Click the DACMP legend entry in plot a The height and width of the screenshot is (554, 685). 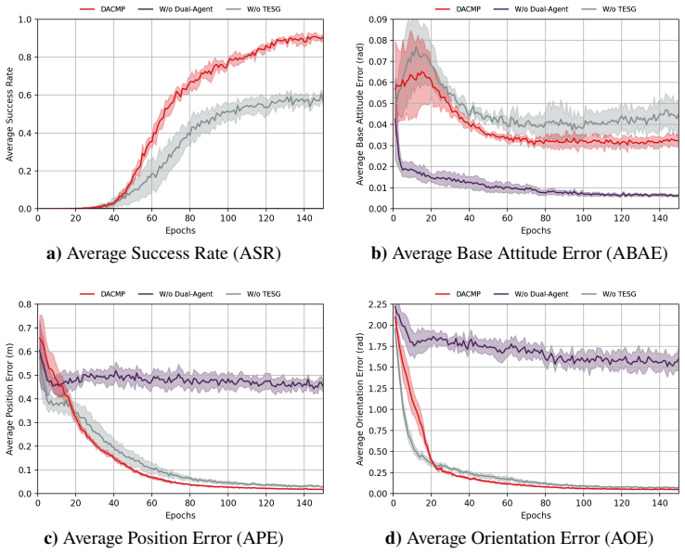103,8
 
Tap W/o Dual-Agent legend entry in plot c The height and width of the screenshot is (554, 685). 175,294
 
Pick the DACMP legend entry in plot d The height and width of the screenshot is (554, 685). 458,294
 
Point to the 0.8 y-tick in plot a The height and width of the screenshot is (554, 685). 26,58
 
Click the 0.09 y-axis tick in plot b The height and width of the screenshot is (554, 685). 379,19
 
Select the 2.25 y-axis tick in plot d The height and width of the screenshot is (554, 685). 379,304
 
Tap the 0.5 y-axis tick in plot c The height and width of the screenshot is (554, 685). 26,375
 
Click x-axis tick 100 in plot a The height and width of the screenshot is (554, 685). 228,217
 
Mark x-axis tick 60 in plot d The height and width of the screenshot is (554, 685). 507,502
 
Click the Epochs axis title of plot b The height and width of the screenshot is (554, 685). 536,231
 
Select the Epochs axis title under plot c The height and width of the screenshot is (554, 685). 180,516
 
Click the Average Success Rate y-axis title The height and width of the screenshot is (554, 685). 10,114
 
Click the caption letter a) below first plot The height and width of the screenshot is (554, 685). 54,253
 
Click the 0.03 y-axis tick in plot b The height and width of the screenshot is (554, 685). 379,146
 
